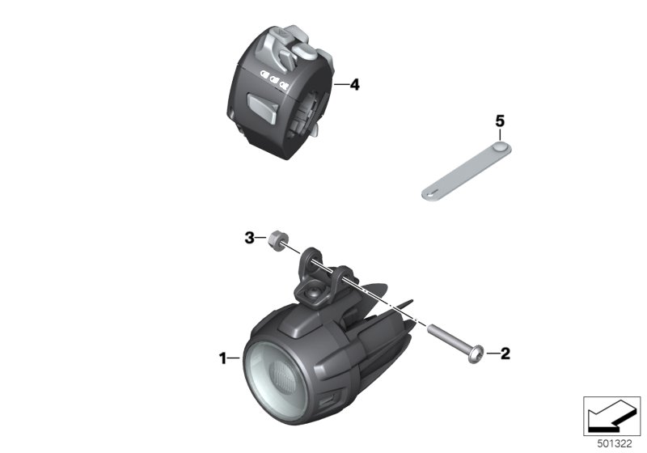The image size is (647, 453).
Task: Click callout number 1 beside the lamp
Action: tap(223, 358)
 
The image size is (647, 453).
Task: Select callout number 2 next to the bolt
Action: tap(505, 354)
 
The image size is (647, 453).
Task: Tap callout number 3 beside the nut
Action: tap(249, 238)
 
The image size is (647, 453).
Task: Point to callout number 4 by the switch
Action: tap(354, 85)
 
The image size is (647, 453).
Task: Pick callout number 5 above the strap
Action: tap(500, 121)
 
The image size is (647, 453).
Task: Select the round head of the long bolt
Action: tap(476, 354)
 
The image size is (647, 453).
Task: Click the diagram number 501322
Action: tap(615, 444)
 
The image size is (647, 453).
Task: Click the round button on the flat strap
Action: tap(500, 146)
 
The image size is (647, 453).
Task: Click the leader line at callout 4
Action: tap(341, 85)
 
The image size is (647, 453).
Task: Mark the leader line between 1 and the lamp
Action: tap(234, 358)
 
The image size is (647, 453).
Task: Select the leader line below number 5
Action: tap(500, 135)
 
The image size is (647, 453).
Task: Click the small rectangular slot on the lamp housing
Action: tap(328, 400)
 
